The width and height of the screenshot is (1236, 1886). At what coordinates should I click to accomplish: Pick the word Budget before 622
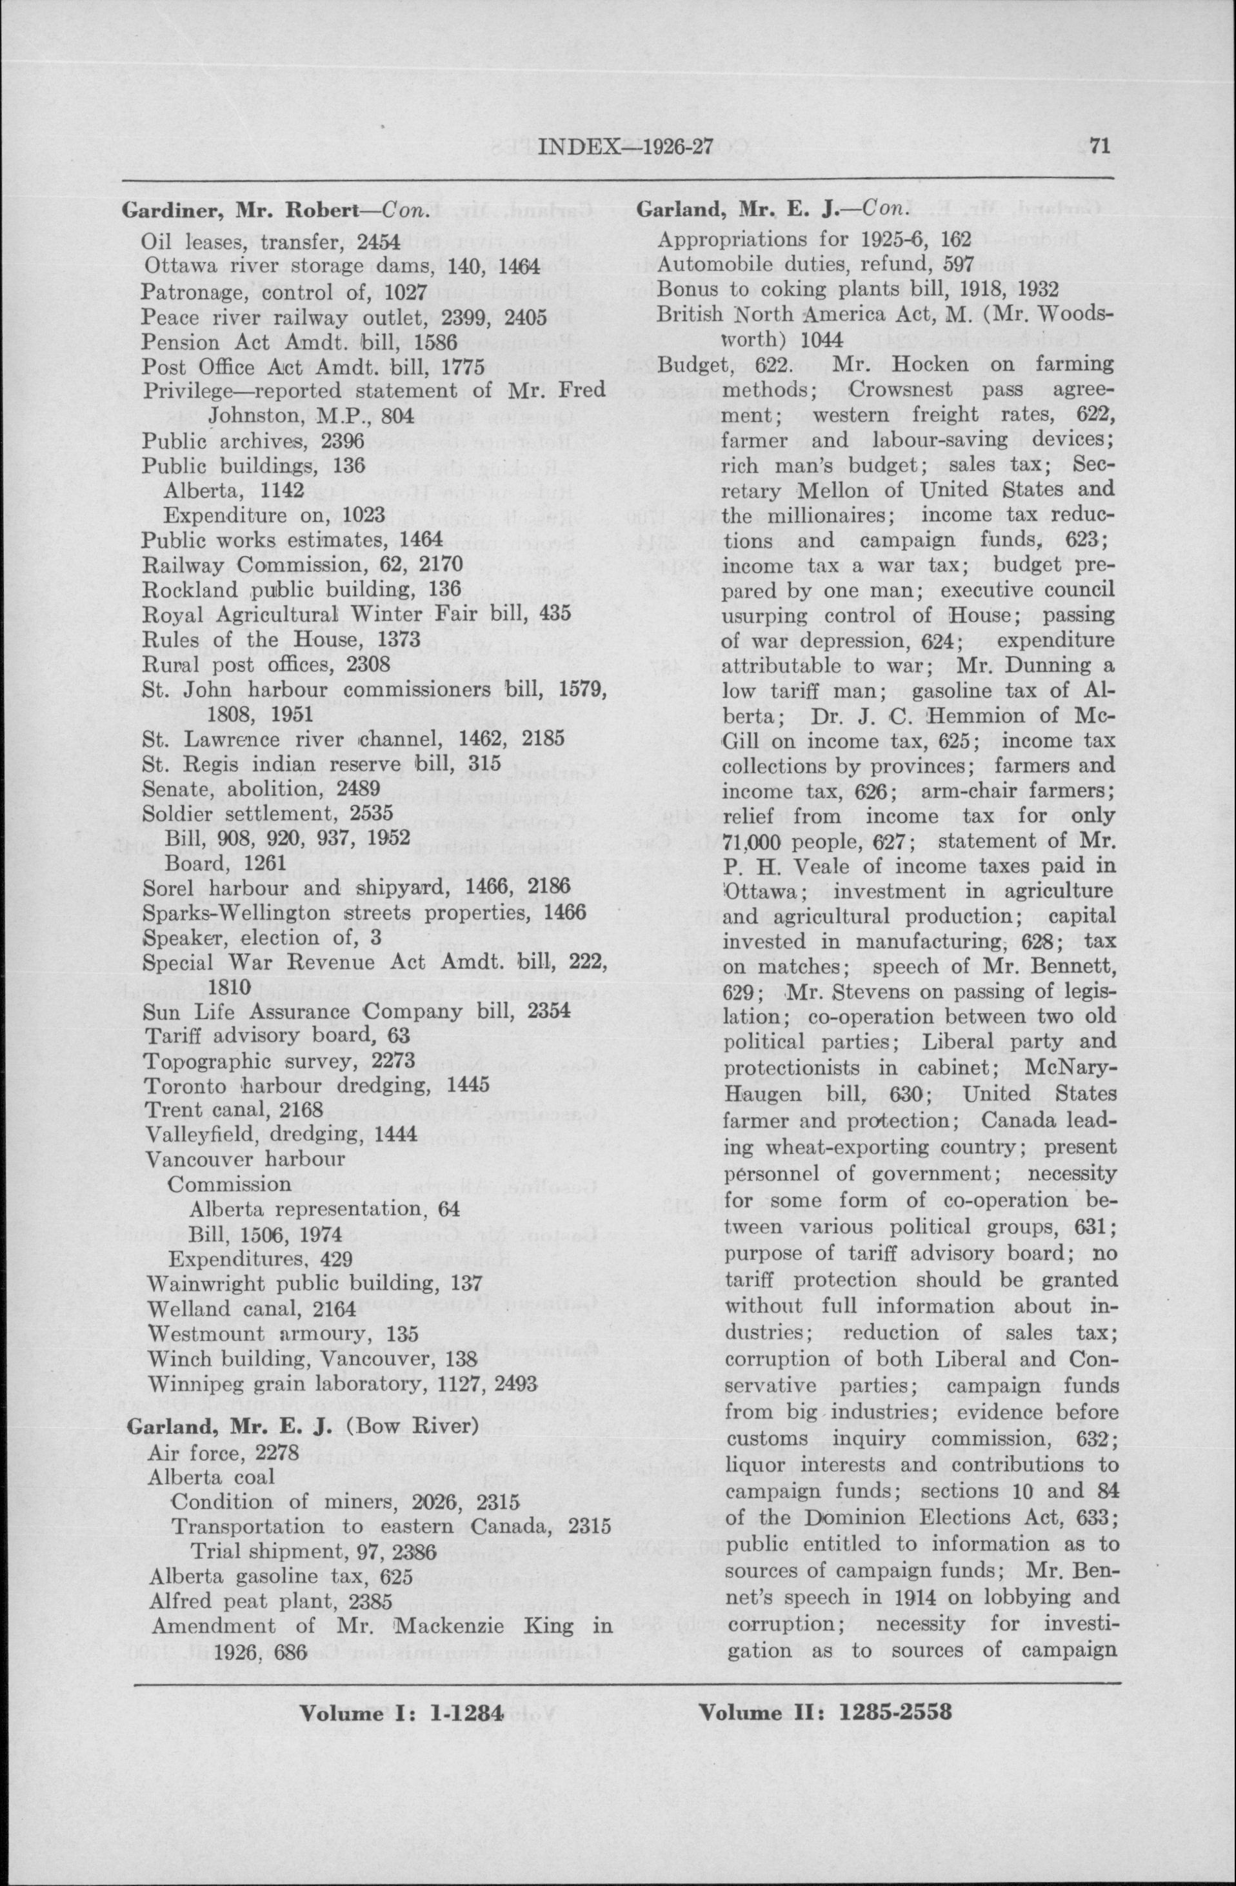(x=691, y=364)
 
